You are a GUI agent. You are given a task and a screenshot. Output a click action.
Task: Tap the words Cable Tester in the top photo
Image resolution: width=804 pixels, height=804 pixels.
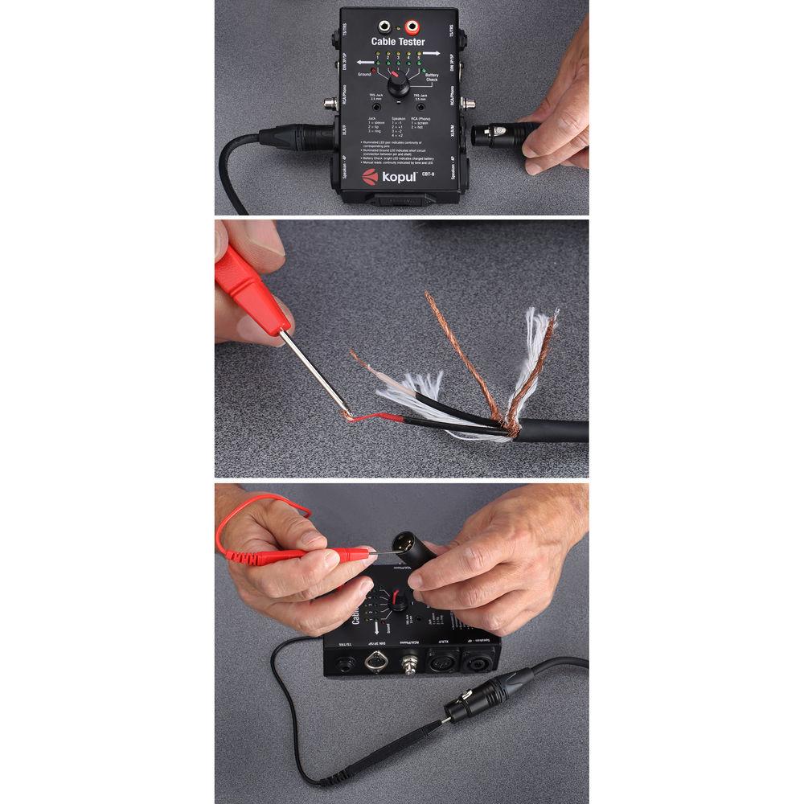point(397,42)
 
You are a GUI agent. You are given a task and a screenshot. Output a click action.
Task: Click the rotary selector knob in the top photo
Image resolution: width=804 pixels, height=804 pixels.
point(397,86)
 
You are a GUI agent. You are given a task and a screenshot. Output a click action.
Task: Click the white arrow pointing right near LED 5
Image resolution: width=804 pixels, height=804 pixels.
point(430,53)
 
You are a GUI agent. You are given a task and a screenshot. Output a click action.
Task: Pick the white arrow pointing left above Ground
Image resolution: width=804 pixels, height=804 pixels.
point(365,61)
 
